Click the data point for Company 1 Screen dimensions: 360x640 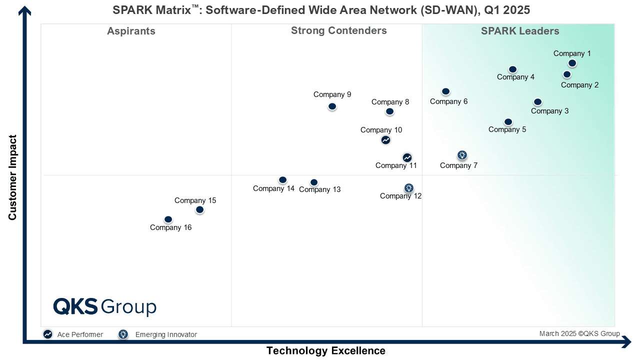pyautogui.click(x=572, y=63)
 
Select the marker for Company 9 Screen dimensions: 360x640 pyautogui.click(x=332, y=106)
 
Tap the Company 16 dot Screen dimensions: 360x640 pyautogui.click(x=168, y=219)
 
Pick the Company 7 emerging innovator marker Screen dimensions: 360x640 pyautogui.click(x=462, y=155)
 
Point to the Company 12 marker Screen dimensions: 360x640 pyautogui.click(x=408, y=188)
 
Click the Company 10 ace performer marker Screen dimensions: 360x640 pyautogui.click(x=385, y=140)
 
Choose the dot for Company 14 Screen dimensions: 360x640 pyautogui.click(x=282, y=180)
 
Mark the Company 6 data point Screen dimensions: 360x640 pyautogui.click(x=445, y=91)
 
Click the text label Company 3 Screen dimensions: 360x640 pyautogui.click(x=549, y=111)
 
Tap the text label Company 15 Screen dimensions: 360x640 pyautogui.click(x=195, y=200)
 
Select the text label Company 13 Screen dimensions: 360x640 pyautogui.click(x=319, y=189)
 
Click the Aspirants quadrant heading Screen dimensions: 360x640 pyautogui.click(x=131, y=31)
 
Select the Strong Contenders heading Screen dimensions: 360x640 pyautogui.click(x=338, y=30)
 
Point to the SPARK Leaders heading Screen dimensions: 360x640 pyautogui.click(x=520, y=31)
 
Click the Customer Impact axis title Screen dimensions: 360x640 pyautogui.click(x=12, y=177)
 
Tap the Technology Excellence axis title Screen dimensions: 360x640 pyautogui.click(x=325, y=350)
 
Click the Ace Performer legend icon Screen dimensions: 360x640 pyautogui.click(x=47, y=334)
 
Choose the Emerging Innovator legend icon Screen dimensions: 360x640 pyautogui.click(x=123, y=334)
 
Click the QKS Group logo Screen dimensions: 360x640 pyautogui.click(x=104, y=306)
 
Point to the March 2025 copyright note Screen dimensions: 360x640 pyautogui.click(x=579, y=333)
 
